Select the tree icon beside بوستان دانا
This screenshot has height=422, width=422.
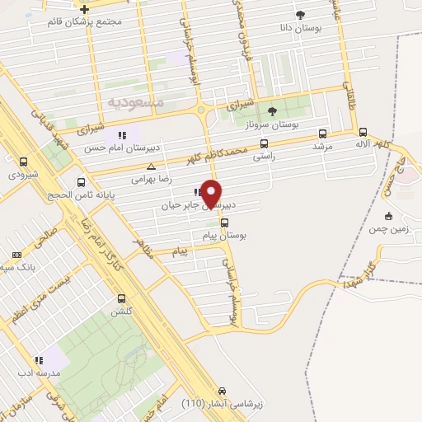pos(300,14)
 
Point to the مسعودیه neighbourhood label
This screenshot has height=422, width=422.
pos(136,101)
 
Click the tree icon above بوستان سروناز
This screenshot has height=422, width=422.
pos(273,111)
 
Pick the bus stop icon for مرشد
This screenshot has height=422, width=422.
pos(321,134)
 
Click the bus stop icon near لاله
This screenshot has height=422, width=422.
pos(363,132)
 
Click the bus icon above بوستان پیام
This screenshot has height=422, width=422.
pos(224,222)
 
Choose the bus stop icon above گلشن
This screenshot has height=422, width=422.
pos(122,299)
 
